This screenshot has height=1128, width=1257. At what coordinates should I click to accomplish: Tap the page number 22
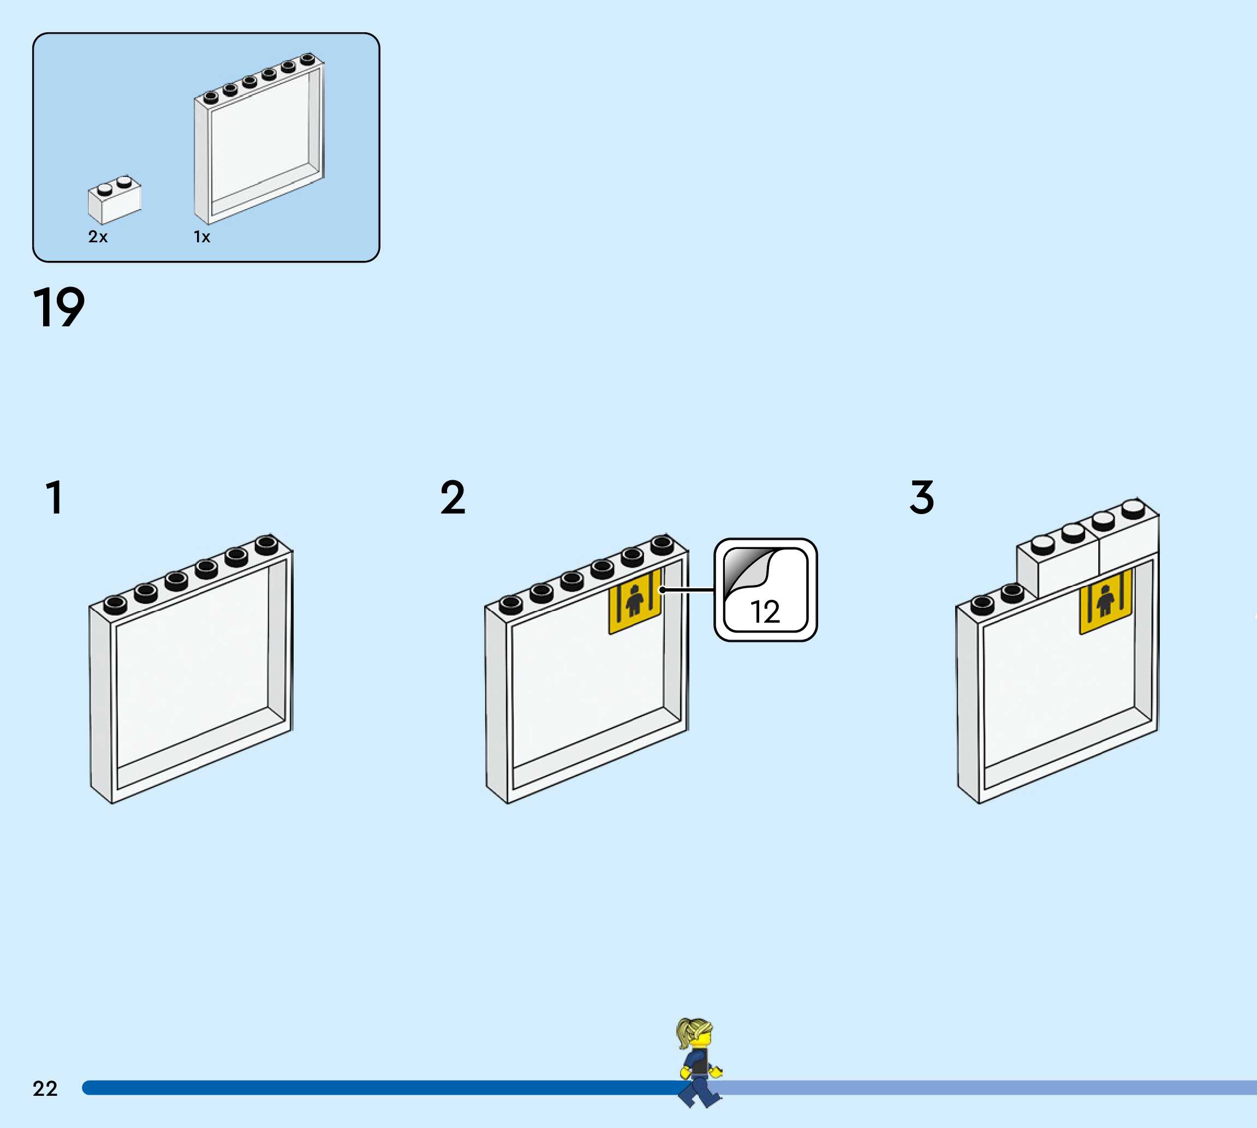point(45,1088)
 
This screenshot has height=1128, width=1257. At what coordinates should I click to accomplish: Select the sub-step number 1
point(55,497)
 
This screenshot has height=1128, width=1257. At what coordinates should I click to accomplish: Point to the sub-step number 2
point(452,497)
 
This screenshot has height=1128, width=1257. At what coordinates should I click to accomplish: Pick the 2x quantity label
point(98,237)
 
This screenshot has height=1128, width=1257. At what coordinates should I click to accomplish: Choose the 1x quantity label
point(202,237)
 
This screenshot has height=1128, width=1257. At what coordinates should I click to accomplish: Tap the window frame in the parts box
point(259,140)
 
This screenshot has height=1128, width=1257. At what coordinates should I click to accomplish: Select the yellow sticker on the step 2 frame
point(634,601)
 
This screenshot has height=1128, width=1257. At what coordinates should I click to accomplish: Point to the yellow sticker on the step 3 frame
point(1105,601)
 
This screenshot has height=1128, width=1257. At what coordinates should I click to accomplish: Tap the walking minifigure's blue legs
point(699,1091)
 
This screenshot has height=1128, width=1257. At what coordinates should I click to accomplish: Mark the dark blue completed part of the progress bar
point(372,1088)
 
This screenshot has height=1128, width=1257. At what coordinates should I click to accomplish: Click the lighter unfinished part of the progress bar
point(992,1088)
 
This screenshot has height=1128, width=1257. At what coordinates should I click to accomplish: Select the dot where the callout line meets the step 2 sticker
point(662,589)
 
